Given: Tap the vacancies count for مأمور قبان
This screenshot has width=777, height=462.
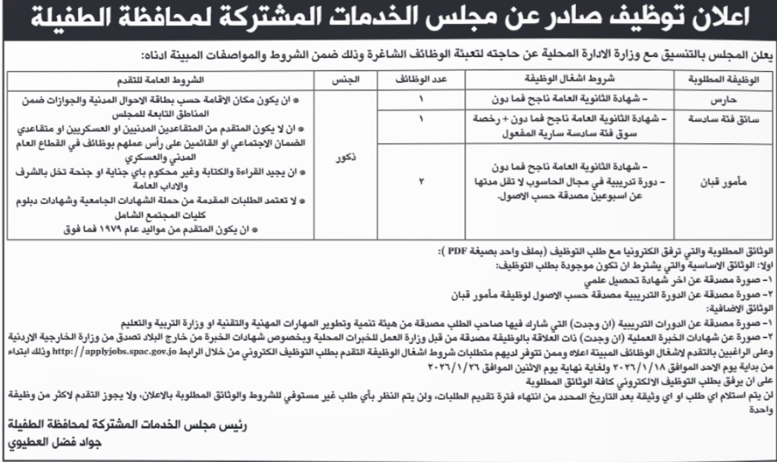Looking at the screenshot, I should (x=424, y=180).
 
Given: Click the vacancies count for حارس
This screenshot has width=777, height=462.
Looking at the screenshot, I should (x=424, y=99).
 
